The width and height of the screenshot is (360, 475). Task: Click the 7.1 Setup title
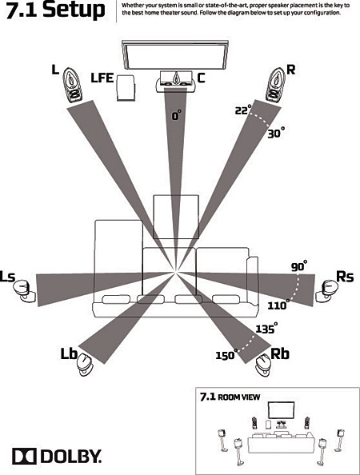(54, 11)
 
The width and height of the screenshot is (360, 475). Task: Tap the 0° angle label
(177, 115)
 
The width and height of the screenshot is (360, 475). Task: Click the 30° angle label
(275, 134)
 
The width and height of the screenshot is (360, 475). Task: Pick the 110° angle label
(278, 305)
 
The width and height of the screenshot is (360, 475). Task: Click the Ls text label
(9, 277)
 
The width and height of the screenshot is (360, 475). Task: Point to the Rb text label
(280, 353)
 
